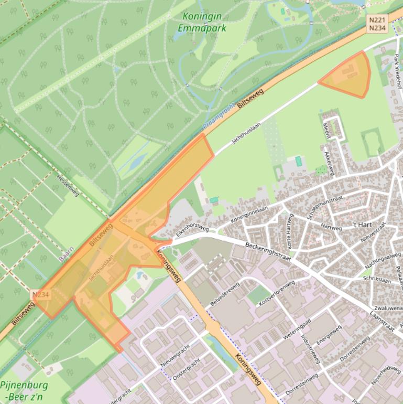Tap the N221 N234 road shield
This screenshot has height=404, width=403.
(377, 24)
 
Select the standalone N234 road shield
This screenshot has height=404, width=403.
(40, 295)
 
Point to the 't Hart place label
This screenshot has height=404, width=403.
(362, 225)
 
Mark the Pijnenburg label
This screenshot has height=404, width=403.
(24, 385)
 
